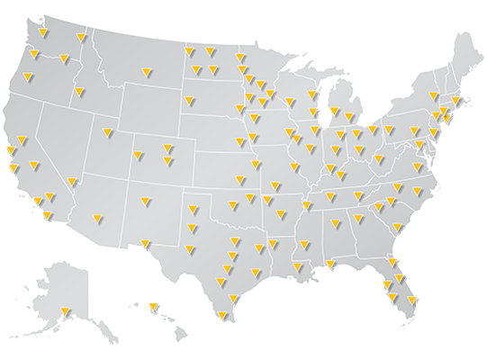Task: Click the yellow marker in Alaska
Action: click(66, 312)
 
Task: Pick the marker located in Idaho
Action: click(79, 92)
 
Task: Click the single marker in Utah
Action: click(105, 135)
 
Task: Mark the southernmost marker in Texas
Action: click(222, 316)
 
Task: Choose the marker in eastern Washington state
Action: click(82, 38)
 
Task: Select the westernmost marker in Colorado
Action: click(138, 156)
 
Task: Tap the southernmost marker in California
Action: click(46, 216)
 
